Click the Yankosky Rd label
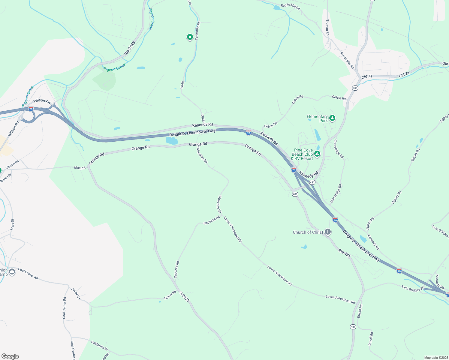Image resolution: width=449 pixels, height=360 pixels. tap(197, 31)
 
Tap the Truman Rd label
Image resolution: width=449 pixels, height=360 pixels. tap(327, 28)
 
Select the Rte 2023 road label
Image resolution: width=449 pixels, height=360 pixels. tap(130, 48)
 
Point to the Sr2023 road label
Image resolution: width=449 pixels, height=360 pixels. tap(185, 297)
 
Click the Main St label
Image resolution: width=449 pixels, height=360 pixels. tap(80, 168)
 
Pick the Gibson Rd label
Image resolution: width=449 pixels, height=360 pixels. tap(12, 164)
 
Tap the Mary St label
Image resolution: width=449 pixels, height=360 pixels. tap(12, 225)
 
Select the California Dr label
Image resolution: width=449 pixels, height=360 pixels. tap(99, 346)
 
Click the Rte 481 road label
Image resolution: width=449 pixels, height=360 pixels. tap(344, 253)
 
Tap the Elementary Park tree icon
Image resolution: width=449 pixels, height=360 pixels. tap(332, 118)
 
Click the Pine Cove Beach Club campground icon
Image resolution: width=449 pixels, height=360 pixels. tap(317, 154)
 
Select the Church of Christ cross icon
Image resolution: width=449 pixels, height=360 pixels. tap(328, 232)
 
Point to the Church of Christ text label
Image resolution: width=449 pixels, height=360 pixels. tap(308, 232)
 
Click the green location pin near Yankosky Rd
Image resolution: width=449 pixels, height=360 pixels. tap(190, 37)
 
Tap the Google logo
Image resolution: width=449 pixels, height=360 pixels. tap(10, 356)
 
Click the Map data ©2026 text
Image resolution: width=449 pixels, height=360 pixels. tap(435, 358)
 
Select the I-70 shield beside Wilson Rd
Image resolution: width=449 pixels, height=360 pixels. tap(31, 109)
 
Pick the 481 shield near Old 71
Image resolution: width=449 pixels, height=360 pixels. tap(355, 88)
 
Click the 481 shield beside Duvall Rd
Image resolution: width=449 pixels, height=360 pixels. tap(353, 327)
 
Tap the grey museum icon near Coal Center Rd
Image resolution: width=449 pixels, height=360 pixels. tap(12, 272)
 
